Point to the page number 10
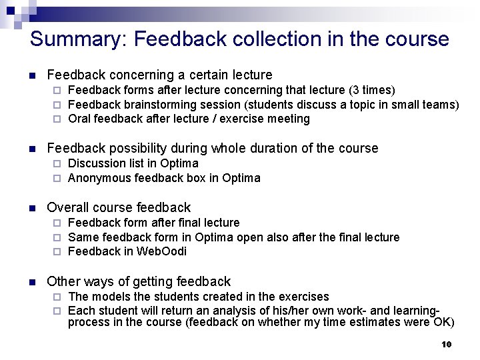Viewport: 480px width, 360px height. click(446, 344)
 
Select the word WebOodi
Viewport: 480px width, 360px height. click(161, 251)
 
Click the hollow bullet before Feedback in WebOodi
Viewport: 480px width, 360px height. click(57, 252)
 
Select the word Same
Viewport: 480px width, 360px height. click(83, 237)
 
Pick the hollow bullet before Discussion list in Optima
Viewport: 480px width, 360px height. click(57, 164)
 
